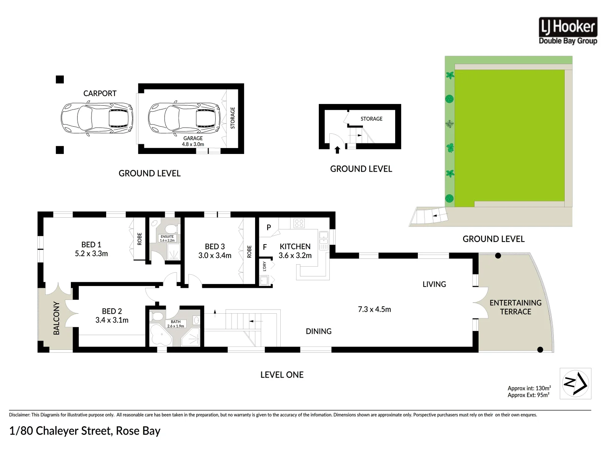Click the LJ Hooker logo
point(568,31)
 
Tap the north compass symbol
point(575,383)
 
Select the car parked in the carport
point(97,118)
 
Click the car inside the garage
point(184,118)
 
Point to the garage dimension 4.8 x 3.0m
point(193,144)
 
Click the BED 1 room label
point(91,245)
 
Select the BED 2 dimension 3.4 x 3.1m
point(112,320)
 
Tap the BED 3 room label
point(215,247)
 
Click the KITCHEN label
point(295,247)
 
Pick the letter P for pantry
point(269,227)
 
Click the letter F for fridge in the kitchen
point(265,247)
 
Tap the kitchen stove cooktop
point(299,223)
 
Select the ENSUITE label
point(167,237)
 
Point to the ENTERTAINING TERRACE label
point(515,307)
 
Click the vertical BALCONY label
point(56,318)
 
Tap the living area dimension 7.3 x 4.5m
point(374,310)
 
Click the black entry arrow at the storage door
point(337,150)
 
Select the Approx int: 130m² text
point(529,388)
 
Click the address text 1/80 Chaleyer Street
point(61,431)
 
